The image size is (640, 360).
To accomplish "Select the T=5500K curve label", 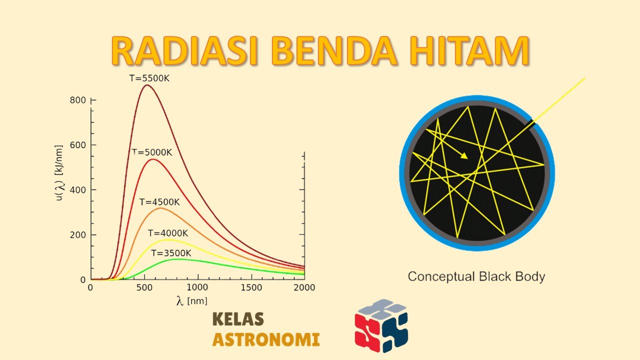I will (150, 78).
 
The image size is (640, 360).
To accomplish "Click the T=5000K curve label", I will (152, 152).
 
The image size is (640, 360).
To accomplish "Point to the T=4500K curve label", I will (159, 202).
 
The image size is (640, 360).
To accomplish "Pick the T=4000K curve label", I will (168, 233).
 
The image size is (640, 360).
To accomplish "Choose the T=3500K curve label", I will (171, 252).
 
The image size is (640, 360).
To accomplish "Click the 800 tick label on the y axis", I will (78, 100).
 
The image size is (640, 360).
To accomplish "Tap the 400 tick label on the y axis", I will (78, 190).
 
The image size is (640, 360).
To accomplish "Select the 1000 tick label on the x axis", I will (198, 288).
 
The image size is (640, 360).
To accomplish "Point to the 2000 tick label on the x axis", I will (304, 288).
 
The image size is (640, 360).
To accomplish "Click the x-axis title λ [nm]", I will (191, 300).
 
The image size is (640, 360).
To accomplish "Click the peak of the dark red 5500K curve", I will (146, 85).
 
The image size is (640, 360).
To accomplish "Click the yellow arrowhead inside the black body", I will (464, 156).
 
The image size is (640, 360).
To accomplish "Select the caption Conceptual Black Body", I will (476, 276).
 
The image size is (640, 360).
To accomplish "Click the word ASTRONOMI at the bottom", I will (266, 340).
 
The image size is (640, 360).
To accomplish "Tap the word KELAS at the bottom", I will (238, 319).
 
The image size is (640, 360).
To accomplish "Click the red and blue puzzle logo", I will (381, 325).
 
